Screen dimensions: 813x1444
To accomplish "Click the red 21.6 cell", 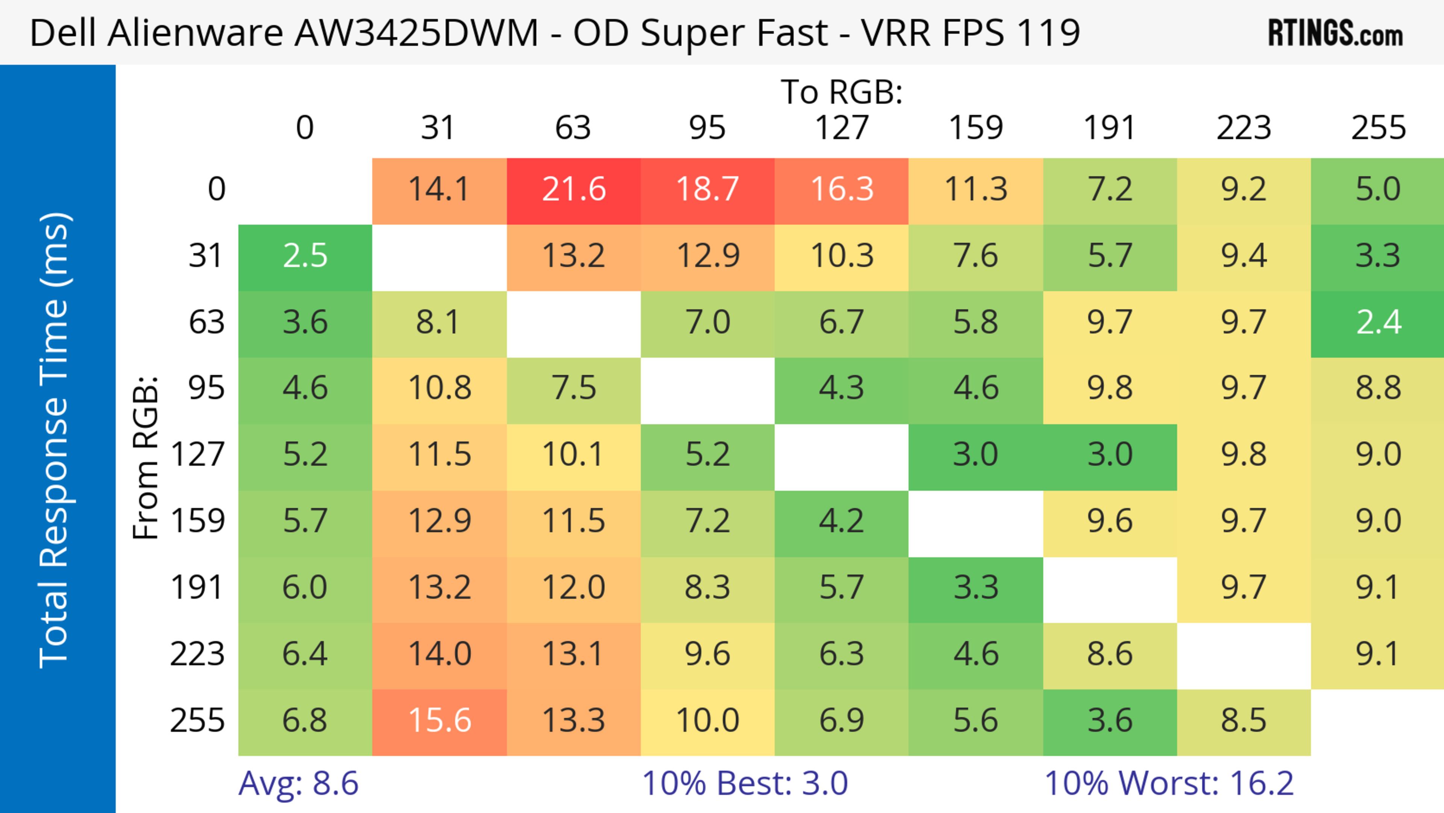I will [573, 190].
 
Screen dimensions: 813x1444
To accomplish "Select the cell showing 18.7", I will [707, 190].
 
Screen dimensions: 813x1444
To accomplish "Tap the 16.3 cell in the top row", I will [842, 190].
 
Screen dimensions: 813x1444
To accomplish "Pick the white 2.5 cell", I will [305, 256].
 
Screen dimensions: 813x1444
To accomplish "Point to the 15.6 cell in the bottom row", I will [440, 720].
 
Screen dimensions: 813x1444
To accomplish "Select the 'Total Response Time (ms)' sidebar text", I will [55, 440].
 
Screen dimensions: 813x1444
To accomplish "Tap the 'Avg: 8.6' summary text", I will [298, 783].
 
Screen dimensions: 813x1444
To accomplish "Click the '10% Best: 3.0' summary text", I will [745, 783].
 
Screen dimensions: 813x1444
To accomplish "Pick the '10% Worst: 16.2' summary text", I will [1169, 783].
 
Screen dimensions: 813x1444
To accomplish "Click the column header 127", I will [842, 128].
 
